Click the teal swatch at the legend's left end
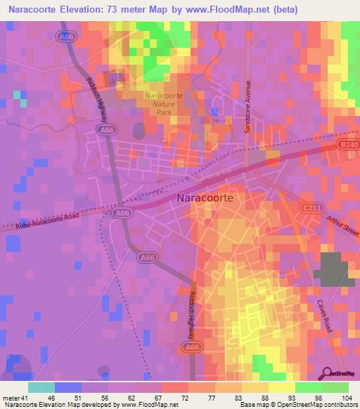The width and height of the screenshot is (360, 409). click(x=41, y=387)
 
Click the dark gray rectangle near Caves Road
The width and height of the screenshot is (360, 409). click(x=334, y=268)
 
